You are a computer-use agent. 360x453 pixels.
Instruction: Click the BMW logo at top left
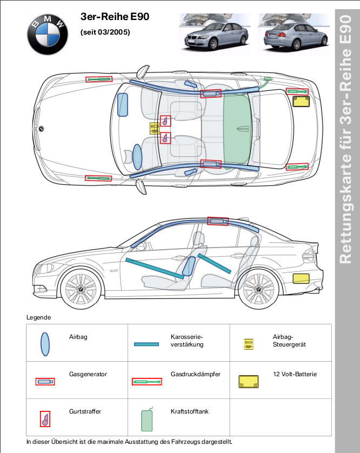pos(48,34)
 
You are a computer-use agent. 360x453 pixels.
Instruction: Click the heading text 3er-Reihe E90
pos(115,17)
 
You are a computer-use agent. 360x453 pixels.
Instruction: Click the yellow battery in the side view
pos(301,278)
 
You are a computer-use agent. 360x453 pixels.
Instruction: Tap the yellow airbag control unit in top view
pos(154,129)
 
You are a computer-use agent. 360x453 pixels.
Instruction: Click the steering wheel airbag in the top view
pos(137,157)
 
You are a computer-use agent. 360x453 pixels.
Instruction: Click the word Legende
pos(38,317)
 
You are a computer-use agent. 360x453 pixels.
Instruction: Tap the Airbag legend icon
pos(45,344)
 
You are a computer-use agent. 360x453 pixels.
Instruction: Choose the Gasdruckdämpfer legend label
pos(195,374)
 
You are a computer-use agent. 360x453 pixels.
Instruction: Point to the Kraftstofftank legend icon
pos(147,419)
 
